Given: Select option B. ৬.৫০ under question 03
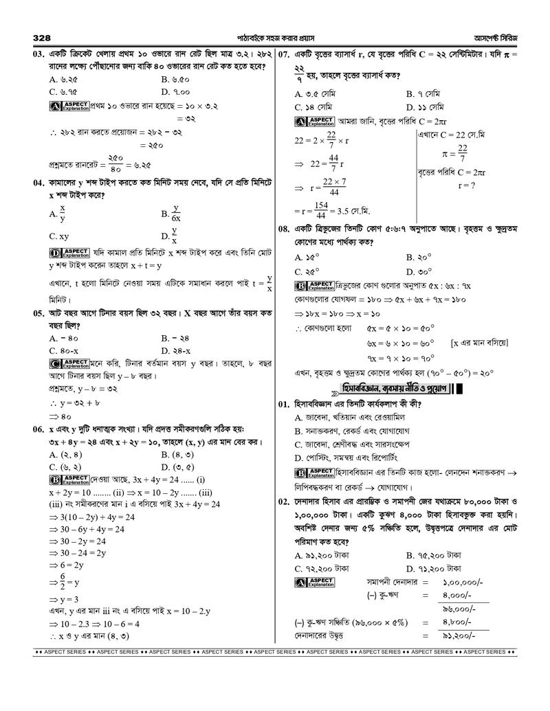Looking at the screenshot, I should pos(175,79).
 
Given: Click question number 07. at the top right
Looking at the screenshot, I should pos(286,54).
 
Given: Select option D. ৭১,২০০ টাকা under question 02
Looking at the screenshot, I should pos(433,568).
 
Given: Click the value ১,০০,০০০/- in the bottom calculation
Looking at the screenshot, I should pos(463,581).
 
